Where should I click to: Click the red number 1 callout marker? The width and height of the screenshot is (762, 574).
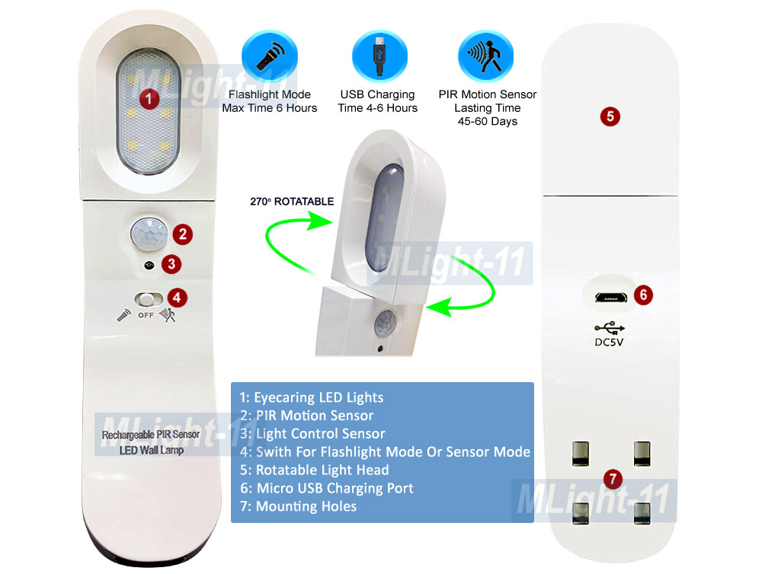150,97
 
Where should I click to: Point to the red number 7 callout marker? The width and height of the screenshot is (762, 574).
613,479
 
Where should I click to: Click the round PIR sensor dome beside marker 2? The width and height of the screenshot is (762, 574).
149,232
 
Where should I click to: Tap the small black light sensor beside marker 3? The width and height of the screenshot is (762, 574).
149,264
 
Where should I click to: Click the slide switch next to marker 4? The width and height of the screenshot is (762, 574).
149,298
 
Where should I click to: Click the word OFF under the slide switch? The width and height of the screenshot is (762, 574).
147,314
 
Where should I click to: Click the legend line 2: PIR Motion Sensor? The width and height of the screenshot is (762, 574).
306,416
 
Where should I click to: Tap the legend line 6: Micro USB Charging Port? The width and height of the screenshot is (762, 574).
326,488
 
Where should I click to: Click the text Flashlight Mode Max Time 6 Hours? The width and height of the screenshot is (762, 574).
270,101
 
